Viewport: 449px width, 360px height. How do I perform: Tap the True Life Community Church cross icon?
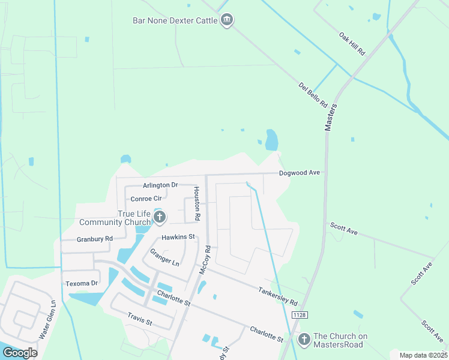pos(159,217)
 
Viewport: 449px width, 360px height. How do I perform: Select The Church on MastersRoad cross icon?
pos(304,340)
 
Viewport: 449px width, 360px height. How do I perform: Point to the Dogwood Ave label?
pos(300,173)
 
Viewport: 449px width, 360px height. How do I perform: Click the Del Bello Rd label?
pos(312,95)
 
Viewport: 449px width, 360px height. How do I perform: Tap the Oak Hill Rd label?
pos(352,44)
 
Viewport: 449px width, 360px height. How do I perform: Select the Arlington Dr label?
pos(160,185)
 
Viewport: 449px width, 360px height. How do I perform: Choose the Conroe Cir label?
pos(146,199)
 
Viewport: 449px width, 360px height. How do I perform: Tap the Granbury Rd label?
pos(95,239)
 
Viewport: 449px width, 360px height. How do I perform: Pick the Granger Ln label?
pos(164,257)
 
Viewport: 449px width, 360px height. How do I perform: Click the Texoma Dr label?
pos(81,283)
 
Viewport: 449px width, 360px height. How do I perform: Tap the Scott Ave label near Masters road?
pos(343,228)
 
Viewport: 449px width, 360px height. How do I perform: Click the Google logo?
pos(20,353)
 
